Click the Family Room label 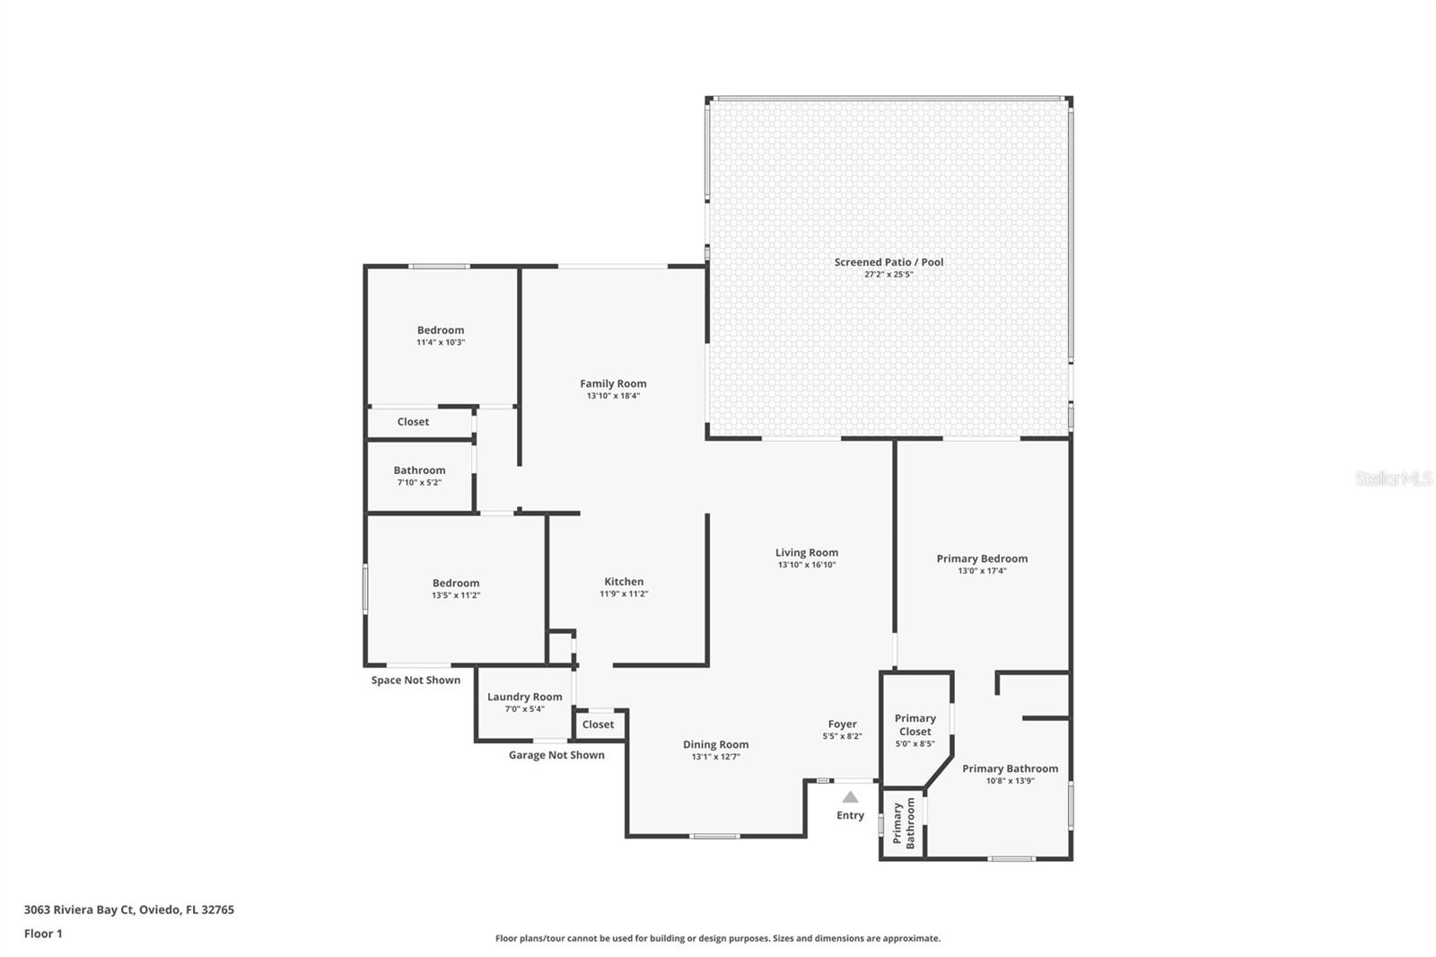(x=613, y=383)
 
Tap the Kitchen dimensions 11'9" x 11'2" (x=624, y=593)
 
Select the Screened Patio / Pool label (x=889, y=262)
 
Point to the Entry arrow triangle (x=850, y=797)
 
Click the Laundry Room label (x=524, y=697)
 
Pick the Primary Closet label (x=915, y=724)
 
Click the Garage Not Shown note (x=556, y=755)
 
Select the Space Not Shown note (x=416, y=680)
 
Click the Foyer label (x=842, y=724)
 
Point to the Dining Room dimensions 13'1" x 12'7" (x=715, y=757)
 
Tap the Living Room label (x=807, y=553)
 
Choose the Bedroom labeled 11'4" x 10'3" (x=440, y=330)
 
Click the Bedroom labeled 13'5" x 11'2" (x=456, y=584)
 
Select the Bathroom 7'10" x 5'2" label (x=419, y=470)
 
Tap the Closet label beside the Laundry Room (x=598, y=724)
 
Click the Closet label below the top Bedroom (x=413, y=422)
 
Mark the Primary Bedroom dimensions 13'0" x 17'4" (x=982, y=571)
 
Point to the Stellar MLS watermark (x=1393, y=478)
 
